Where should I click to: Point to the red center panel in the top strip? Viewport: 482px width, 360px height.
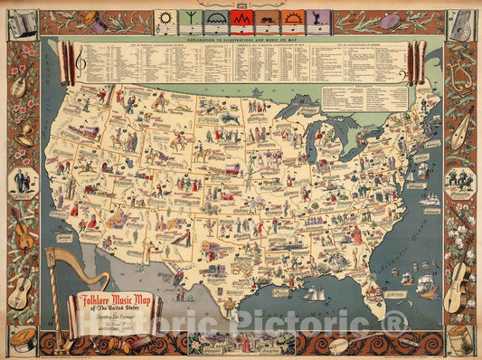tap(241, 18)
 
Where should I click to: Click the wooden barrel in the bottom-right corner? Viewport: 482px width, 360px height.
tap(461, 340)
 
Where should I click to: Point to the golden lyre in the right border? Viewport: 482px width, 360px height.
tap(461, 77)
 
